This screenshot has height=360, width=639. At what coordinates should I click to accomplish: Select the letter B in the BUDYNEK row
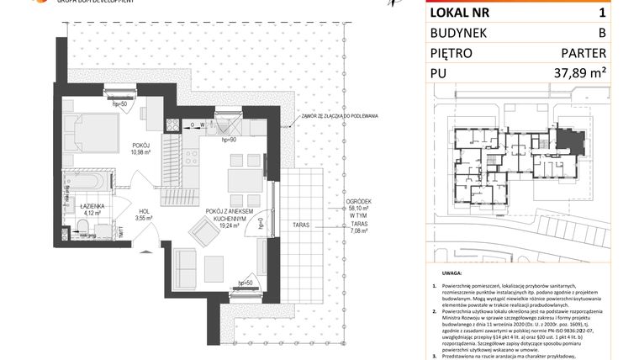pyautogui.click(x=601, y=33)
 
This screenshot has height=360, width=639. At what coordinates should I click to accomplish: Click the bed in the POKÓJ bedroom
pyautogui.click(x=91, y=132)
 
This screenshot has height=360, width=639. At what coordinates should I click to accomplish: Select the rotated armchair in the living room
pyautogui.click(x=204, y=230)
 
